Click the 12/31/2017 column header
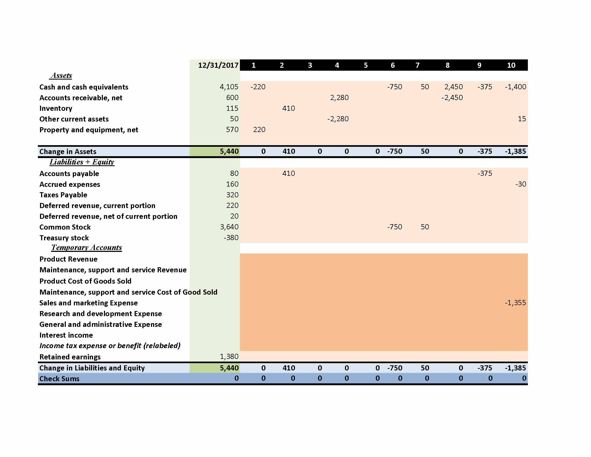click(x=218, y=65)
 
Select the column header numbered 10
click(x=511, y=65)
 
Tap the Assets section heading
click(x=61, y=76)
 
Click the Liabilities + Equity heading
click(x=82, y=162)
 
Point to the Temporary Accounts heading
click(x=87, y=247)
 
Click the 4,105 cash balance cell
click(x=229, y=87)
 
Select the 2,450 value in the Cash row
click(x=453, y=87)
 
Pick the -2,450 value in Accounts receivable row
click(x=452, y=98)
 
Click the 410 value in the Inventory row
click(x=289, y=108)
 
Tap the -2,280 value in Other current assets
click(x=338, y=119)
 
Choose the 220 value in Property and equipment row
click(x=259, y=130)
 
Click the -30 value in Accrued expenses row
click(x=520, y=184)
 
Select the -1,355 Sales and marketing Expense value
click(x=515, y=303)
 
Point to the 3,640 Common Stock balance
click(x=229, y=227)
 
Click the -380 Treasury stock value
click(x=231, y=238)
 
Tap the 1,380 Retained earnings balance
click(x=229, y=356)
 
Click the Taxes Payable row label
click(x=63, y=195)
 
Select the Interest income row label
click(x=66, y=335)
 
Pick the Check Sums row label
click(x=59, y=379)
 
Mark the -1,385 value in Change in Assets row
click(x=515, y=151)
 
